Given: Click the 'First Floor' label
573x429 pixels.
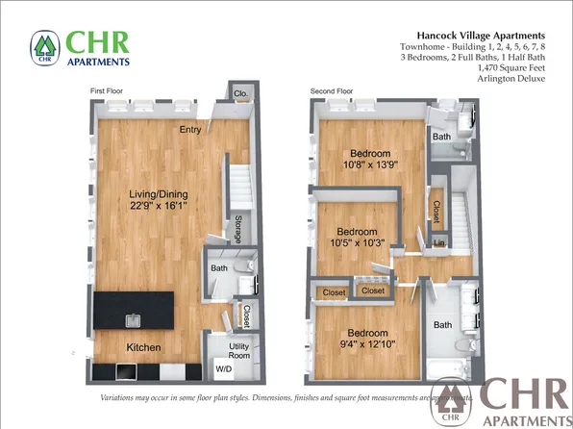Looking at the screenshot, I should (x=109, y=90).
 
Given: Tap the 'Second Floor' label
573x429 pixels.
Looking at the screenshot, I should (x=331, y=90).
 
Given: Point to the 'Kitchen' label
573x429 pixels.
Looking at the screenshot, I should (x=142, y=346).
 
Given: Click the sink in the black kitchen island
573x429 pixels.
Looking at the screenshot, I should (x=131, y=318).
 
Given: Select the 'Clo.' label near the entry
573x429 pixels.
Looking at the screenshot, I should (x=240, y=94).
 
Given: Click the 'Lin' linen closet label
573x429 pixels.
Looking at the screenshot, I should (x=438, y=244).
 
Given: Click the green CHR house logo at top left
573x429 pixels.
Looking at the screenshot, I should (x=43, y=48).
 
